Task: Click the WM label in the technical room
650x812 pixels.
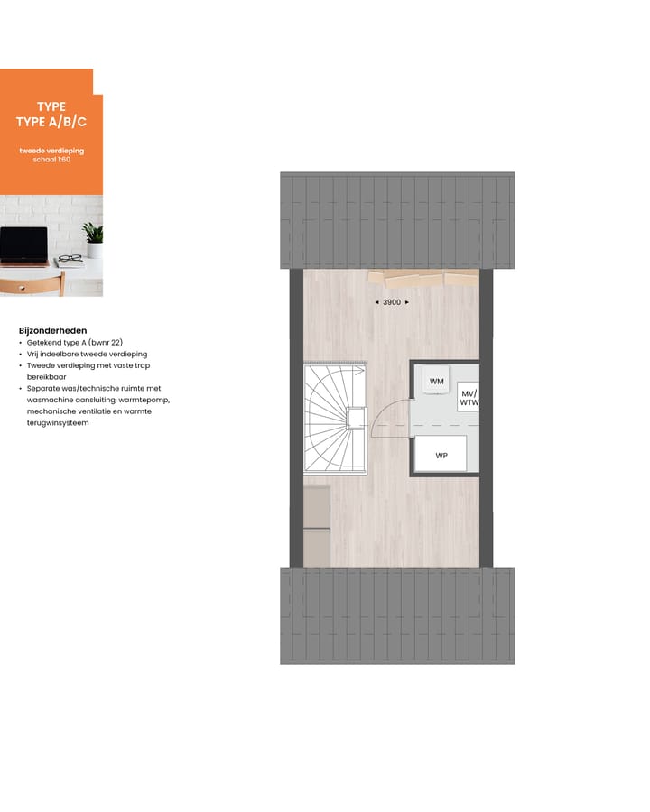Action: point(437,382)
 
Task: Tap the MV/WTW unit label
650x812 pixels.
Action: point(469,399)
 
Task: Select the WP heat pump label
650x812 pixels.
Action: point(441,456)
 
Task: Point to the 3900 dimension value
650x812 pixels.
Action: point(392,302)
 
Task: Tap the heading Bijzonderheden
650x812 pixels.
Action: point(52,330)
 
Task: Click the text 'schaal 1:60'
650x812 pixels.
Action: point(51,160)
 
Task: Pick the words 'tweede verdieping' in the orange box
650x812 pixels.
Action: point(51,151)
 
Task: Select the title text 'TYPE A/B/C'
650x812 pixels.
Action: point(51,122)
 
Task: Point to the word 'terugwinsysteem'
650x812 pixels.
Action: point(58,422)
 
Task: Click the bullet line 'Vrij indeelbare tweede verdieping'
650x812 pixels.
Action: point(87,355)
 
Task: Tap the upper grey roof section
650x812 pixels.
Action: point(397,220)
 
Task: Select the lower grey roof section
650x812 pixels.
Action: point(397,615)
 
